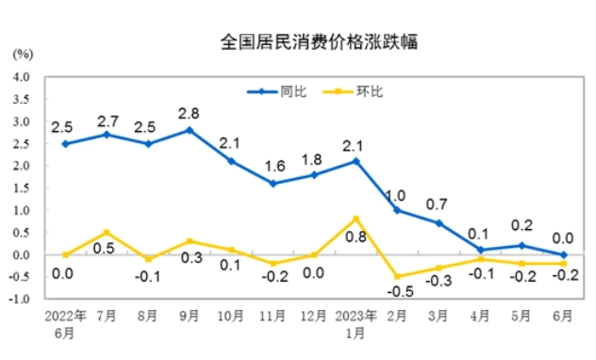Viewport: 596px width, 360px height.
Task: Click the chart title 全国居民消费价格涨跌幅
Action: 319,41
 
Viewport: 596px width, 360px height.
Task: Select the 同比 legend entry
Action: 276,92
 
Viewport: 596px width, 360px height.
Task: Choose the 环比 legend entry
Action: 353,92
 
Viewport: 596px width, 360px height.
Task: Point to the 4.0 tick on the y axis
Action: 22,77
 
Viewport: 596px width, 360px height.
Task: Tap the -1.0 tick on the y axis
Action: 20,300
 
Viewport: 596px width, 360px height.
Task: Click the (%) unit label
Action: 23,55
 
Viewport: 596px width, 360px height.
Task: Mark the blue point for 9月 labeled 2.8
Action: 190,130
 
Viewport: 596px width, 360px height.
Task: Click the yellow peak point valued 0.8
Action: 356,219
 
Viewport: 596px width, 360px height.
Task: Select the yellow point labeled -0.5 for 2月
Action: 398,276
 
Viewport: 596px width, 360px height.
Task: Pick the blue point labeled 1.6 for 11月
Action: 273,184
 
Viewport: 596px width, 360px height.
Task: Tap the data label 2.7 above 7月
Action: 108,122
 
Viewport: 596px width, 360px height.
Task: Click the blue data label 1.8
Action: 312,160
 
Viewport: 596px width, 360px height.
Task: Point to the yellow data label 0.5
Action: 104,249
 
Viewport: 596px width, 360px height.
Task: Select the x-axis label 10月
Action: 231,316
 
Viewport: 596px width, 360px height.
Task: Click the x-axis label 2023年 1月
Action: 356,324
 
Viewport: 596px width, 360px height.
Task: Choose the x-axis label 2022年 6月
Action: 65,324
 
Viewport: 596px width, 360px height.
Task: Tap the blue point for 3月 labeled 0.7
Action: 439,223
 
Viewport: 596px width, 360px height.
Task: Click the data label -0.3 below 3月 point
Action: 439,281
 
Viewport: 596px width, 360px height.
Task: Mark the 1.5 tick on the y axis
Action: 22,188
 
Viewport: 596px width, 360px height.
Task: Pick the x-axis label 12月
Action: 314,316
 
